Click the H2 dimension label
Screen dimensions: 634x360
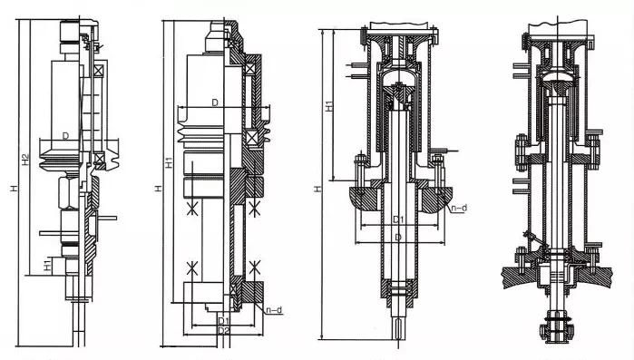(x=26, y=160)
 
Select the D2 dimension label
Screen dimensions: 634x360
(x=224, y=330)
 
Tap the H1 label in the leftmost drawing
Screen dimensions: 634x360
(x=48, y=266)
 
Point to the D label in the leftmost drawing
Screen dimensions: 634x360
(x=65, y=136)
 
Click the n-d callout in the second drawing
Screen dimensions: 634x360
(x=274, y=310)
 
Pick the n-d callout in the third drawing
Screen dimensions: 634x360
(x=459, y=208)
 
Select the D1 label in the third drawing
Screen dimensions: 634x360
(x=399, y=219)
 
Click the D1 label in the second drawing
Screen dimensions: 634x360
(x=224, y=321)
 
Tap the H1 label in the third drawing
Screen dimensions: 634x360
(x=330, y=106)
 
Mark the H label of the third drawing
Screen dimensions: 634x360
(x=318, y=189)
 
